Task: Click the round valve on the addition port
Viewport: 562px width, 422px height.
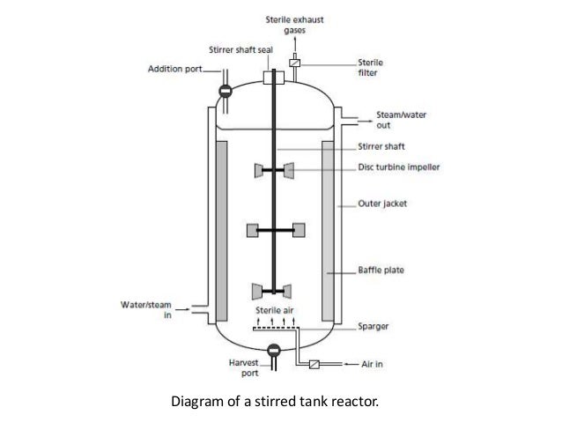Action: (x=225, y=91)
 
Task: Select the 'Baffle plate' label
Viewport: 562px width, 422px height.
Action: (x=381, y=273)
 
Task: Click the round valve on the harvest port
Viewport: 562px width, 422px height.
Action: (x=273, y=351)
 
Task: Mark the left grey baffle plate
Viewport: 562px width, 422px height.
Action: (x=220, y=228)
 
